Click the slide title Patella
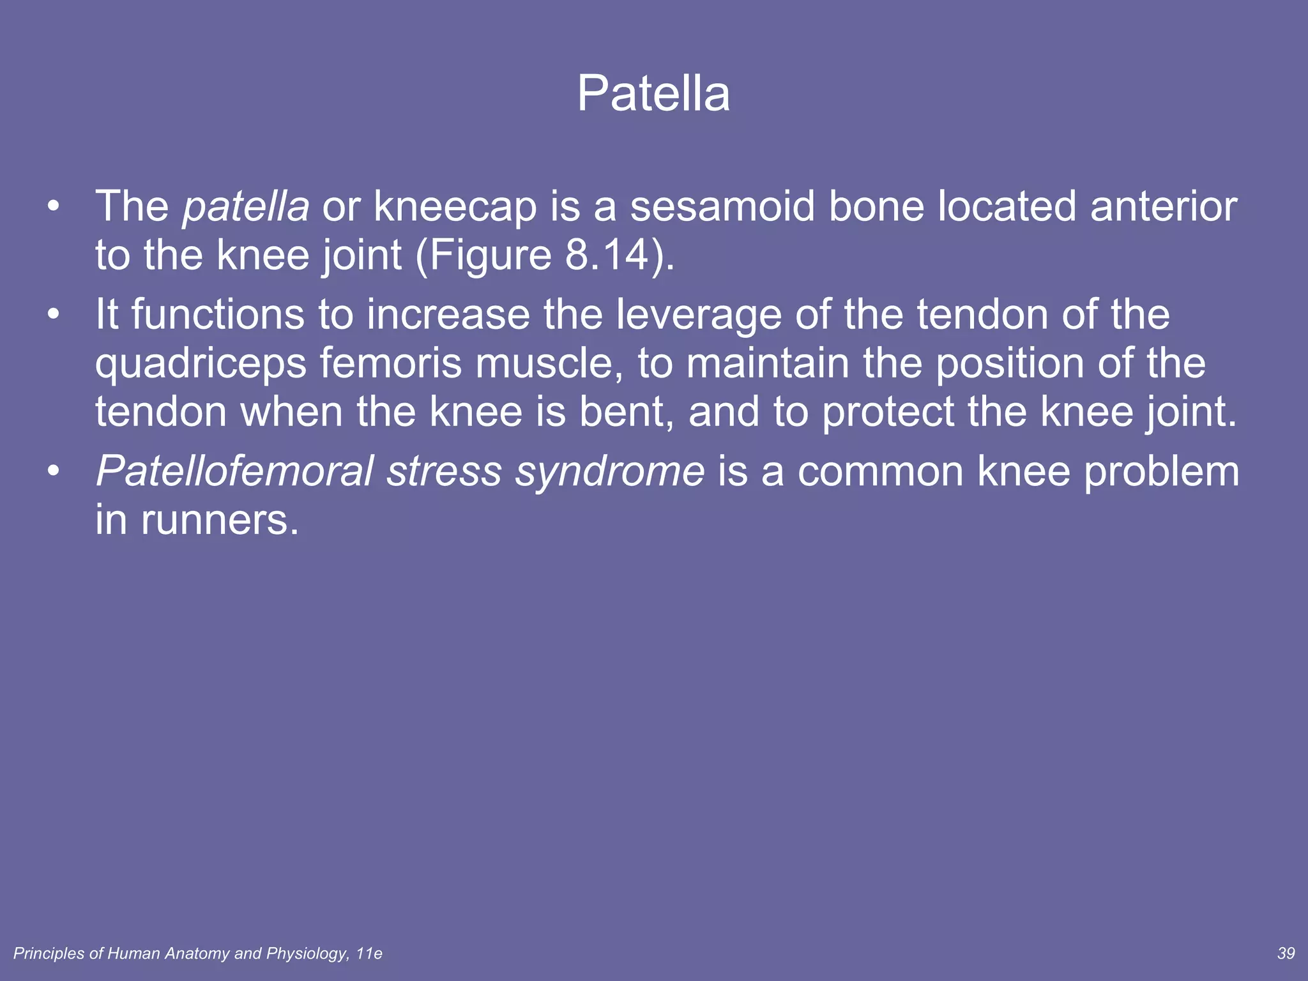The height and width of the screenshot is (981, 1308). pyautogui.click(x=653, y=94)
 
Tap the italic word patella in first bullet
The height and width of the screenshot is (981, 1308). pyautogui.click(x=245, y=207)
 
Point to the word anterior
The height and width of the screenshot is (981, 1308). pyautogui.click(x=1164, y=207)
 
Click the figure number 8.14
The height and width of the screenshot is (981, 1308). pyautogui.click(x=607, y=255)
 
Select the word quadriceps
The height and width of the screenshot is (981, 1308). pyautogui.click(x=201, y=365)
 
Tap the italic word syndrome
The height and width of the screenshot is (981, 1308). pyautogui.click(x=610, y=473)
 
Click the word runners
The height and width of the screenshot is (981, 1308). pyautogui.click(x=219, y=520)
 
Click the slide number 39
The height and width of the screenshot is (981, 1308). pyautogui.click(x=1286, y=954)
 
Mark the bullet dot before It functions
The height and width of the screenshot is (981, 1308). pyautogui.click(x=54, y=315)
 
